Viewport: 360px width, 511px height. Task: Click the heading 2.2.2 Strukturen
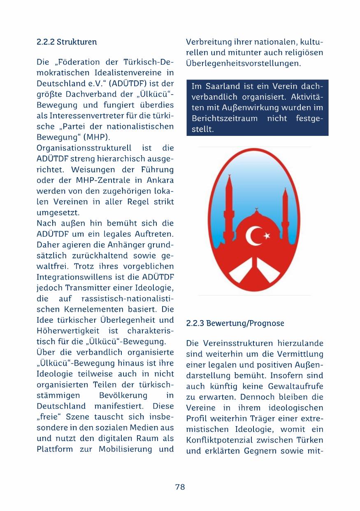[67, 42]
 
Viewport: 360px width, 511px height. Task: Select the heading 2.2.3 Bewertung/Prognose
[235, 324]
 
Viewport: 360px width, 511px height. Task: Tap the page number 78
[180, 487]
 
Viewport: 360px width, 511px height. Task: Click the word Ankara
[160, 180]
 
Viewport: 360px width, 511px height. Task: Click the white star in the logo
[267, 236]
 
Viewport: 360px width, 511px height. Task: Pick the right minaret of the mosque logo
[285, 202]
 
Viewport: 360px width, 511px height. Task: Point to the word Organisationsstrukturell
[84, 148]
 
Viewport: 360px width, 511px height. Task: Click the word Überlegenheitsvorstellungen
[243, 64]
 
